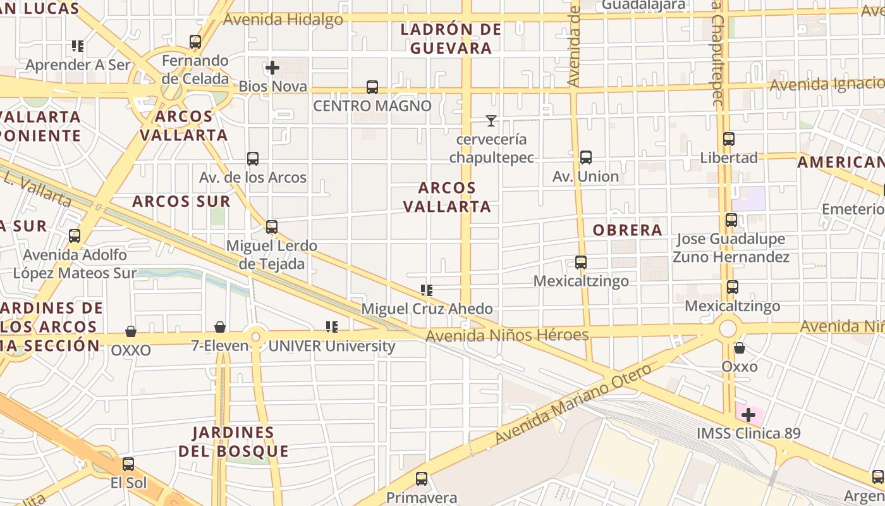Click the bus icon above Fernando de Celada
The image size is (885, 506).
click(x=195, y=42)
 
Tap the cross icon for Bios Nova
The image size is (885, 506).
click(x=272, y=68)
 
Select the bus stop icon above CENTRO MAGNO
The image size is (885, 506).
click(x=372, y=87)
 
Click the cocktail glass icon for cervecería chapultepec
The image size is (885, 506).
click(x=491, y=120)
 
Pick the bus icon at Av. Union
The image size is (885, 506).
click(x=586, y=157)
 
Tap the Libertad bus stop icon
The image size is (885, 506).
click(x=729, y=139)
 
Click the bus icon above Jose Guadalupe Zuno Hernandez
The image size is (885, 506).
click(x=731, y=220)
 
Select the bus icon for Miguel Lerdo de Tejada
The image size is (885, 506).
click(x=272, y=226)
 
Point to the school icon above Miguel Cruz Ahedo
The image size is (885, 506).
click(x=427, y=290)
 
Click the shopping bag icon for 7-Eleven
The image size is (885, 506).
click(x=220, y=327)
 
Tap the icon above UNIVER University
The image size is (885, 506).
click(x=332, y=327)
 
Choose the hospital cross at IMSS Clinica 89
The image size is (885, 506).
click(x=749, y=415)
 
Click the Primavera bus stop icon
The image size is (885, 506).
click(x=422, y=479)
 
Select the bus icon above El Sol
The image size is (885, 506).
click(x=128, y=464)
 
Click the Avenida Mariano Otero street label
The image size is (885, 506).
click(x=573, y=404)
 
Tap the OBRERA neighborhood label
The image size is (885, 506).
click(x=627, y=230)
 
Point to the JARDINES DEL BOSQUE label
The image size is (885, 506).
click(x=233, y=442)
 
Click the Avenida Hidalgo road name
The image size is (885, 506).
click(x=283, y=20)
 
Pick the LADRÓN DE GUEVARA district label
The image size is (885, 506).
click(x=451, y=39)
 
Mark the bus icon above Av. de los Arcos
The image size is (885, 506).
click(x=253, y=159)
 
